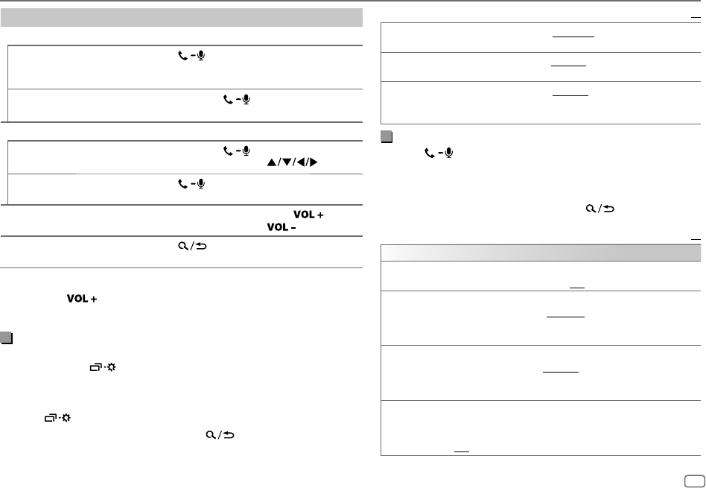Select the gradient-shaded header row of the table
pyautogui.click(x=541, y=253)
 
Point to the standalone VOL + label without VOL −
pyautogui.click(x=76, y=298)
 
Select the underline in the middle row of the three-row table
pyautogui.click(x=570, y=65)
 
